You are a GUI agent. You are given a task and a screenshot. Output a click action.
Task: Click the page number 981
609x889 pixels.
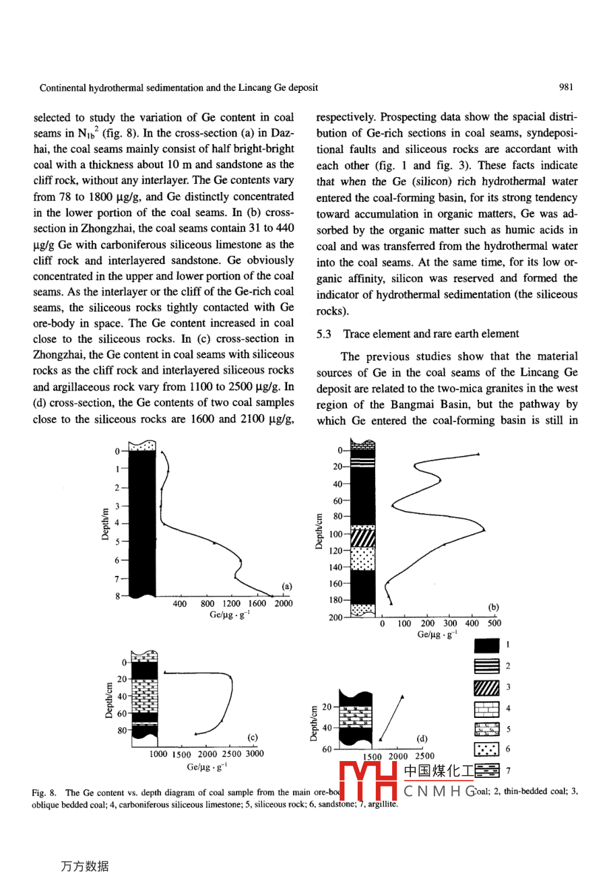(566, 87)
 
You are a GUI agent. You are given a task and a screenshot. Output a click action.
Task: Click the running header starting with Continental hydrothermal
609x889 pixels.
(179, 88)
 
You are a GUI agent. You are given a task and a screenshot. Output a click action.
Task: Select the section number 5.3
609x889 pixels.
(323, 334)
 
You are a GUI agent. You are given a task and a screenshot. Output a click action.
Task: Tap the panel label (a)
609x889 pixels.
(287, 587)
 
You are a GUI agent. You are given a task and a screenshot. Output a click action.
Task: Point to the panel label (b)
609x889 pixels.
(493, 607)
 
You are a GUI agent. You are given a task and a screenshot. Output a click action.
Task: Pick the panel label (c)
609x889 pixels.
(253, 737)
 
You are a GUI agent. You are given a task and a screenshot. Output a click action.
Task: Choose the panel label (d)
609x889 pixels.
(422, 738)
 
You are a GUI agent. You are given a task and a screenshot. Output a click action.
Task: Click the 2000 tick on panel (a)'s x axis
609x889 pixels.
(284, 604)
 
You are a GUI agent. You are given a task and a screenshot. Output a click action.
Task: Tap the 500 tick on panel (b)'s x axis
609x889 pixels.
(494, 624)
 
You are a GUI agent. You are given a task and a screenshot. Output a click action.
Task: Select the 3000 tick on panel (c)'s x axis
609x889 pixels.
(255, 754)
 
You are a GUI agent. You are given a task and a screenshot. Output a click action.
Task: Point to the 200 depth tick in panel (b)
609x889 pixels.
(335, 618)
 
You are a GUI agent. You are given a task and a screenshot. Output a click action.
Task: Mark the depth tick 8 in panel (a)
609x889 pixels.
(117, 596)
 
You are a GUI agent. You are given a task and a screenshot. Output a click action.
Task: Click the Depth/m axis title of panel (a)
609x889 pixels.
(105, 523)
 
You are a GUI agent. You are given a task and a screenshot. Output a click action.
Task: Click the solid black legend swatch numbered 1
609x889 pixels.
(486, 645)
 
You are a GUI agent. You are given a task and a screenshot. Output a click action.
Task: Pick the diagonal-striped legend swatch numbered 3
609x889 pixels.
(486, 688)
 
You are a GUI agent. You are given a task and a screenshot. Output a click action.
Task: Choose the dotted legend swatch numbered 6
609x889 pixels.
(486, 749)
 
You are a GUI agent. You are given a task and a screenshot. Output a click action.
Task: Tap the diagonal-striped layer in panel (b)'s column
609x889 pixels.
(363, 538)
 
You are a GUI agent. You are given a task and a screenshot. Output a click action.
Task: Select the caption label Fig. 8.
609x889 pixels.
(44, 793)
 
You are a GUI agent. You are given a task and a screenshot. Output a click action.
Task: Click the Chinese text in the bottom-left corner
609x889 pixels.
(84, 867)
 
